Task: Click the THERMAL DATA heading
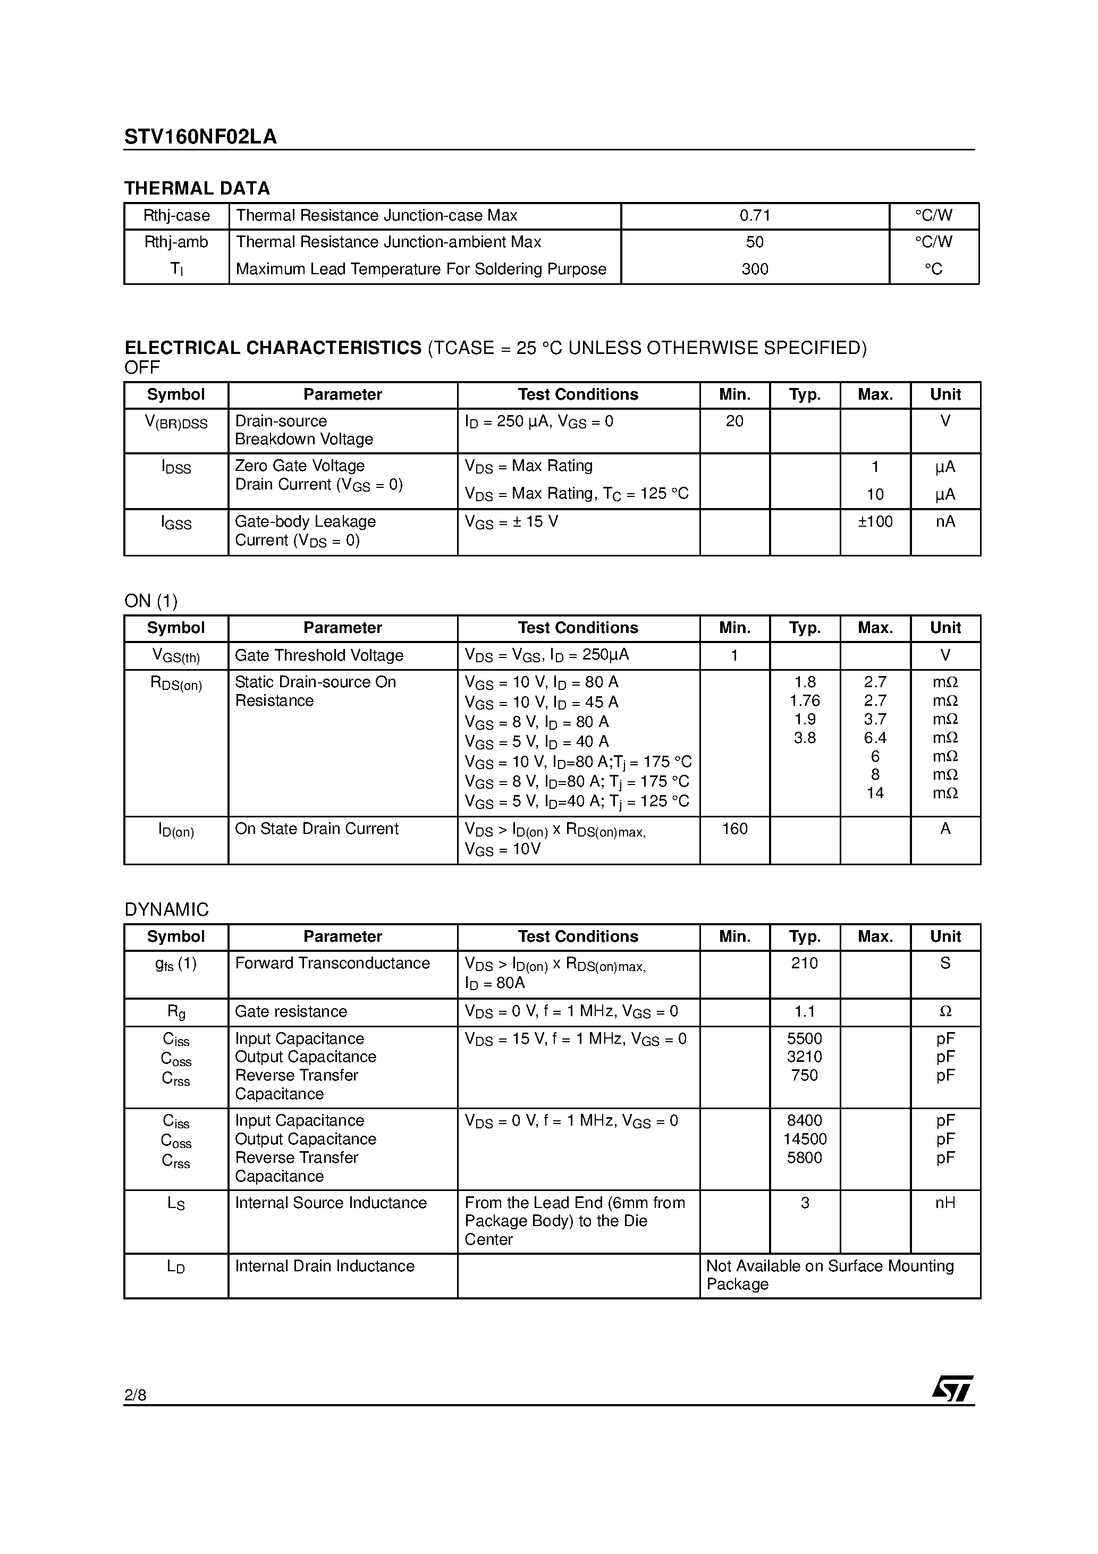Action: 197,188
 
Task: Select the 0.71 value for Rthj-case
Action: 755,216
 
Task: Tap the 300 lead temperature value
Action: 755,269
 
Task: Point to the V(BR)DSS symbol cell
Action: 176,423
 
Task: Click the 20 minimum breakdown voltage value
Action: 734,421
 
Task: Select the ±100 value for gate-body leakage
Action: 875,522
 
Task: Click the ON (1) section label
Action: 151,601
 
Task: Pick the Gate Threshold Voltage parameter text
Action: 319,655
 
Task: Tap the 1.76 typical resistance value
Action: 805,701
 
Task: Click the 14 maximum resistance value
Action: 875,793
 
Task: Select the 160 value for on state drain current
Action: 734,829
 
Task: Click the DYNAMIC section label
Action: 166,910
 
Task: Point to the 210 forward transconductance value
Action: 805,963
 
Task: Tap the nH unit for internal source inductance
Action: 945,1203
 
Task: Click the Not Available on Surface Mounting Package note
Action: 830,1275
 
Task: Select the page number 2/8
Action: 136,1395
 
